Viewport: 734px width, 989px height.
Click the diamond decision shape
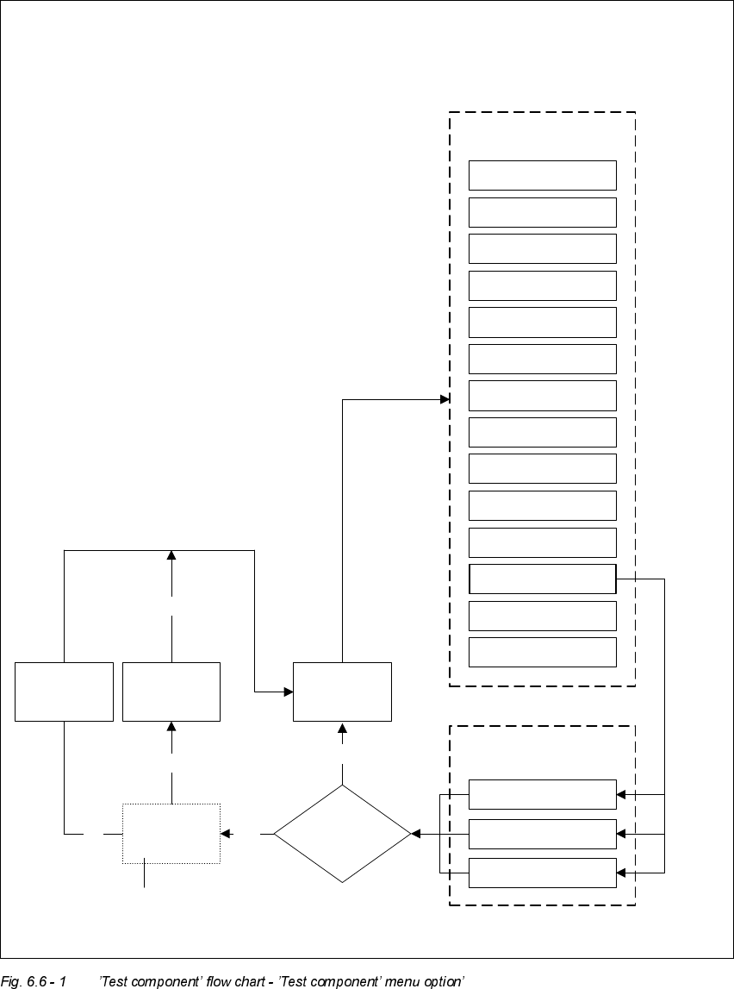pyautogui.click(x=342, y=834)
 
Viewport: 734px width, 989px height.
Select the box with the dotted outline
pyautogui.click(x=171, y=834)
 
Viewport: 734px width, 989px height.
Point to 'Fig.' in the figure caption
pyautogui.click(x=11, y=980)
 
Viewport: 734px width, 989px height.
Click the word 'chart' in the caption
pyautogui.click(x=275, y=980)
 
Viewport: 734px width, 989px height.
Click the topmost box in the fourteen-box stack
pyautogui.click(x=542, y=175)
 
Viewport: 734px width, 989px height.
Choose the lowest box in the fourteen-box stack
pyautogui.click(x=542, y=652)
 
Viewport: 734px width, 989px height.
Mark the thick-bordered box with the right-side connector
pyautogui.click(x=542, y=579)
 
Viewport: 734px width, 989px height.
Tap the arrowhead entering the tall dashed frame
pyautogui.click(x=445, y=399)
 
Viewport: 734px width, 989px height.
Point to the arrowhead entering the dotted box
pyautogui.click(x=226, y=834)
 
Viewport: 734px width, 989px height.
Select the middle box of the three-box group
pyautogui.click(x=542, y=834)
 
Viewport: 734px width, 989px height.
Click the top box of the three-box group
pyautogui.click(x=542, y=794)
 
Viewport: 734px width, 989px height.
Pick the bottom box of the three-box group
pyautogui.click(x=542, y=873)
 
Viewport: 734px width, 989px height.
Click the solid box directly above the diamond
pyautogui.click(x=342, y=692)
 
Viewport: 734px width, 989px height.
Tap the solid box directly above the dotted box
pyautogui.click(x=171, y=692)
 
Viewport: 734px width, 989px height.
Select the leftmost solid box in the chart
pyautogui.click(x=65, y=692)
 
